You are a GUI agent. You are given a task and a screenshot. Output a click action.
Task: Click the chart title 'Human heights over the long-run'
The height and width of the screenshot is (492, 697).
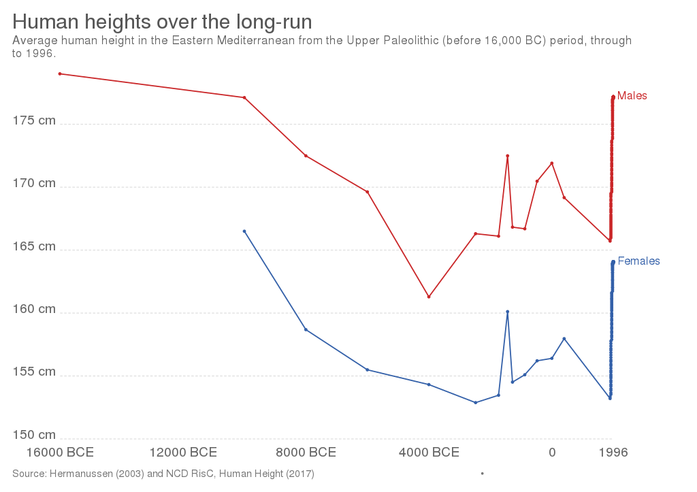162,22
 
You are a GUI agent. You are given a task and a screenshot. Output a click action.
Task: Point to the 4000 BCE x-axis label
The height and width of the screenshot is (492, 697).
429,453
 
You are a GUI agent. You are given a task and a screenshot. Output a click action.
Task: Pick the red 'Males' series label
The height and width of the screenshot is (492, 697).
632,96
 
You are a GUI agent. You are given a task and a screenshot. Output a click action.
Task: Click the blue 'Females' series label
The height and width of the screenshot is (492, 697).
638,261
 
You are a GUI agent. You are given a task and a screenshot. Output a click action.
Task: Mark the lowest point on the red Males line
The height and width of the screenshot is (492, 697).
428,297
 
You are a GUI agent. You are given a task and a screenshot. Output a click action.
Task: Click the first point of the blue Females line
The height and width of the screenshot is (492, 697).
244,231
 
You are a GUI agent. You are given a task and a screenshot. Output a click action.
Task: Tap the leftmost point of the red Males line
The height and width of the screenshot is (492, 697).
60,73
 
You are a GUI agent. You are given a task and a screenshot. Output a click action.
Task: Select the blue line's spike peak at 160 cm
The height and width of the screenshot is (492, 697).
508,312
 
